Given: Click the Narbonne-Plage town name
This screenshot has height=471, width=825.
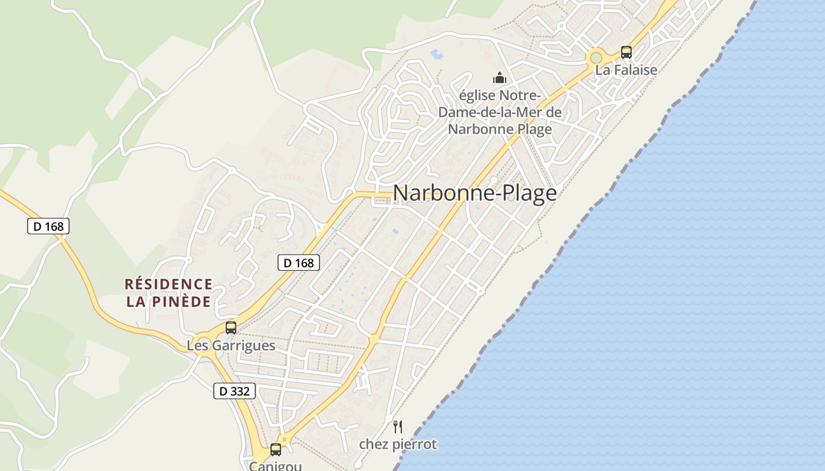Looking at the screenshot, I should point(474,193).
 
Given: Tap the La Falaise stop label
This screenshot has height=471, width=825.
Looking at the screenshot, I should point(626,69).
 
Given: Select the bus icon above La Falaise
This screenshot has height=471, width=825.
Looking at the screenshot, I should point(626,52).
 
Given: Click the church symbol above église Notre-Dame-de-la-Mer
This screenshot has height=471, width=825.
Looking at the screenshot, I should point(500,78).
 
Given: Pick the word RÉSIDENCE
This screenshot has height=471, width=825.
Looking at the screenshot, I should point(169,284).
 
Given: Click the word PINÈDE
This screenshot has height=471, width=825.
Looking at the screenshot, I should point(183,302).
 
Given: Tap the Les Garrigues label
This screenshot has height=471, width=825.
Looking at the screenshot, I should point(231,346).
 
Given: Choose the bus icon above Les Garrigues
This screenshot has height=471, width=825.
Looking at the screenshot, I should point(231,328).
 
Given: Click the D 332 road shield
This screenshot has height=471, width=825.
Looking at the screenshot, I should point(234,391).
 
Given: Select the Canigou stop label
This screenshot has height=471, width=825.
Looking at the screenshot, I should point(275,466).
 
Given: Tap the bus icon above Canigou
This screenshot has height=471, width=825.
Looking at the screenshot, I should point(275,450).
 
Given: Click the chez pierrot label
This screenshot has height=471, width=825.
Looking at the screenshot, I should point(398,444).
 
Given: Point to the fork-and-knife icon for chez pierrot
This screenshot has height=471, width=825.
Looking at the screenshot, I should point(398,427).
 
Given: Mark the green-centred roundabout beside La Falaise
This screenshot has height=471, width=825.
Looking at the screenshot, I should point(596,58).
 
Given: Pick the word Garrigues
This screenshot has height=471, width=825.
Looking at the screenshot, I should point(243,346).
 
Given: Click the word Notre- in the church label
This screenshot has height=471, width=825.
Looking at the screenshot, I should point(519,95).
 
